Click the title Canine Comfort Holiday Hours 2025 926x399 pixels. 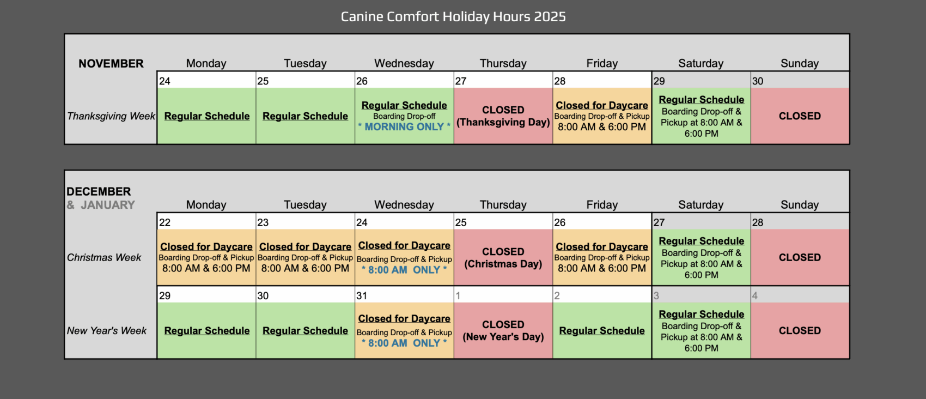pos(453,16)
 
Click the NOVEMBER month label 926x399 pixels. pos(111,64)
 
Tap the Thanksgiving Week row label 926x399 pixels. pos(111,116)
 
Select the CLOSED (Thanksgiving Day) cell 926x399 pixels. pos(503,116)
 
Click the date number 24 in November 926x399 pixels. pos(165,81)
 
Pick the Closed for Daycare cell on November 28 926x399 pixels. pos(602,116)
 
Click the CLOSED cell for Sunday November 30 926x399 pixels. pos(800,116)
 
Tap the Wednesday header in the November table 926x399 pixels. pos(404,63)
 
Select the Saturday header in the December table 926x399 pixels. pos(700,204)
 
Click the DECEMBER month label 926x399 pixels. pos(99,191)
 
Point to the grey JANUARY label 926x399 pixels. pos(107,204)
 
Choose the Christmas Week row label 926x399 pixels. pos(104,258)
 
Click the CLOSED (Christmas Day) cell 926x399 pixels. pos(503,257)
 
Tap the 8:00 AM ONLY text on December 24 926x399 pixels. pos(404,270)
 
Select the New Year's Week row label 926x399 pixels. pos(107,331)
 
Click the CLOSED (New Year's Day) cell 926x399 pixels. pos(503,330)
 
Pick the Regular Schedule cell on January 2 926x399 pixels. pos(602,330)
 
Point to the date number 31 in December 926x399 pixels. pos(362,295)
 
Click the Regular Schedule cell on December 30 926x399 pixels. pos(305,330)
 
